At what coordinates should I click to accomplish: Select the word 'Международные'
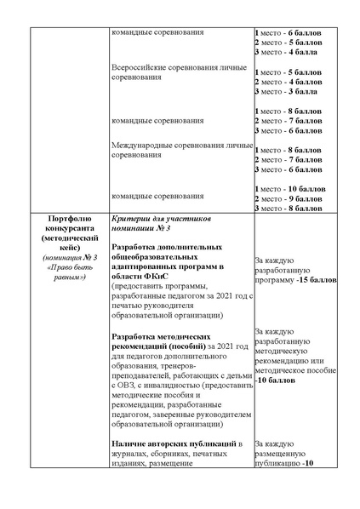(x=141, y=146)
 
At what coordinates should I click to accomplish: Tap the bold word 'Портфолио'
(x=67, y=219)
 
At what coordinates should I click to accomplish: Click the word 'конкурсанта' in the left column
(x=67, y=229)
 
